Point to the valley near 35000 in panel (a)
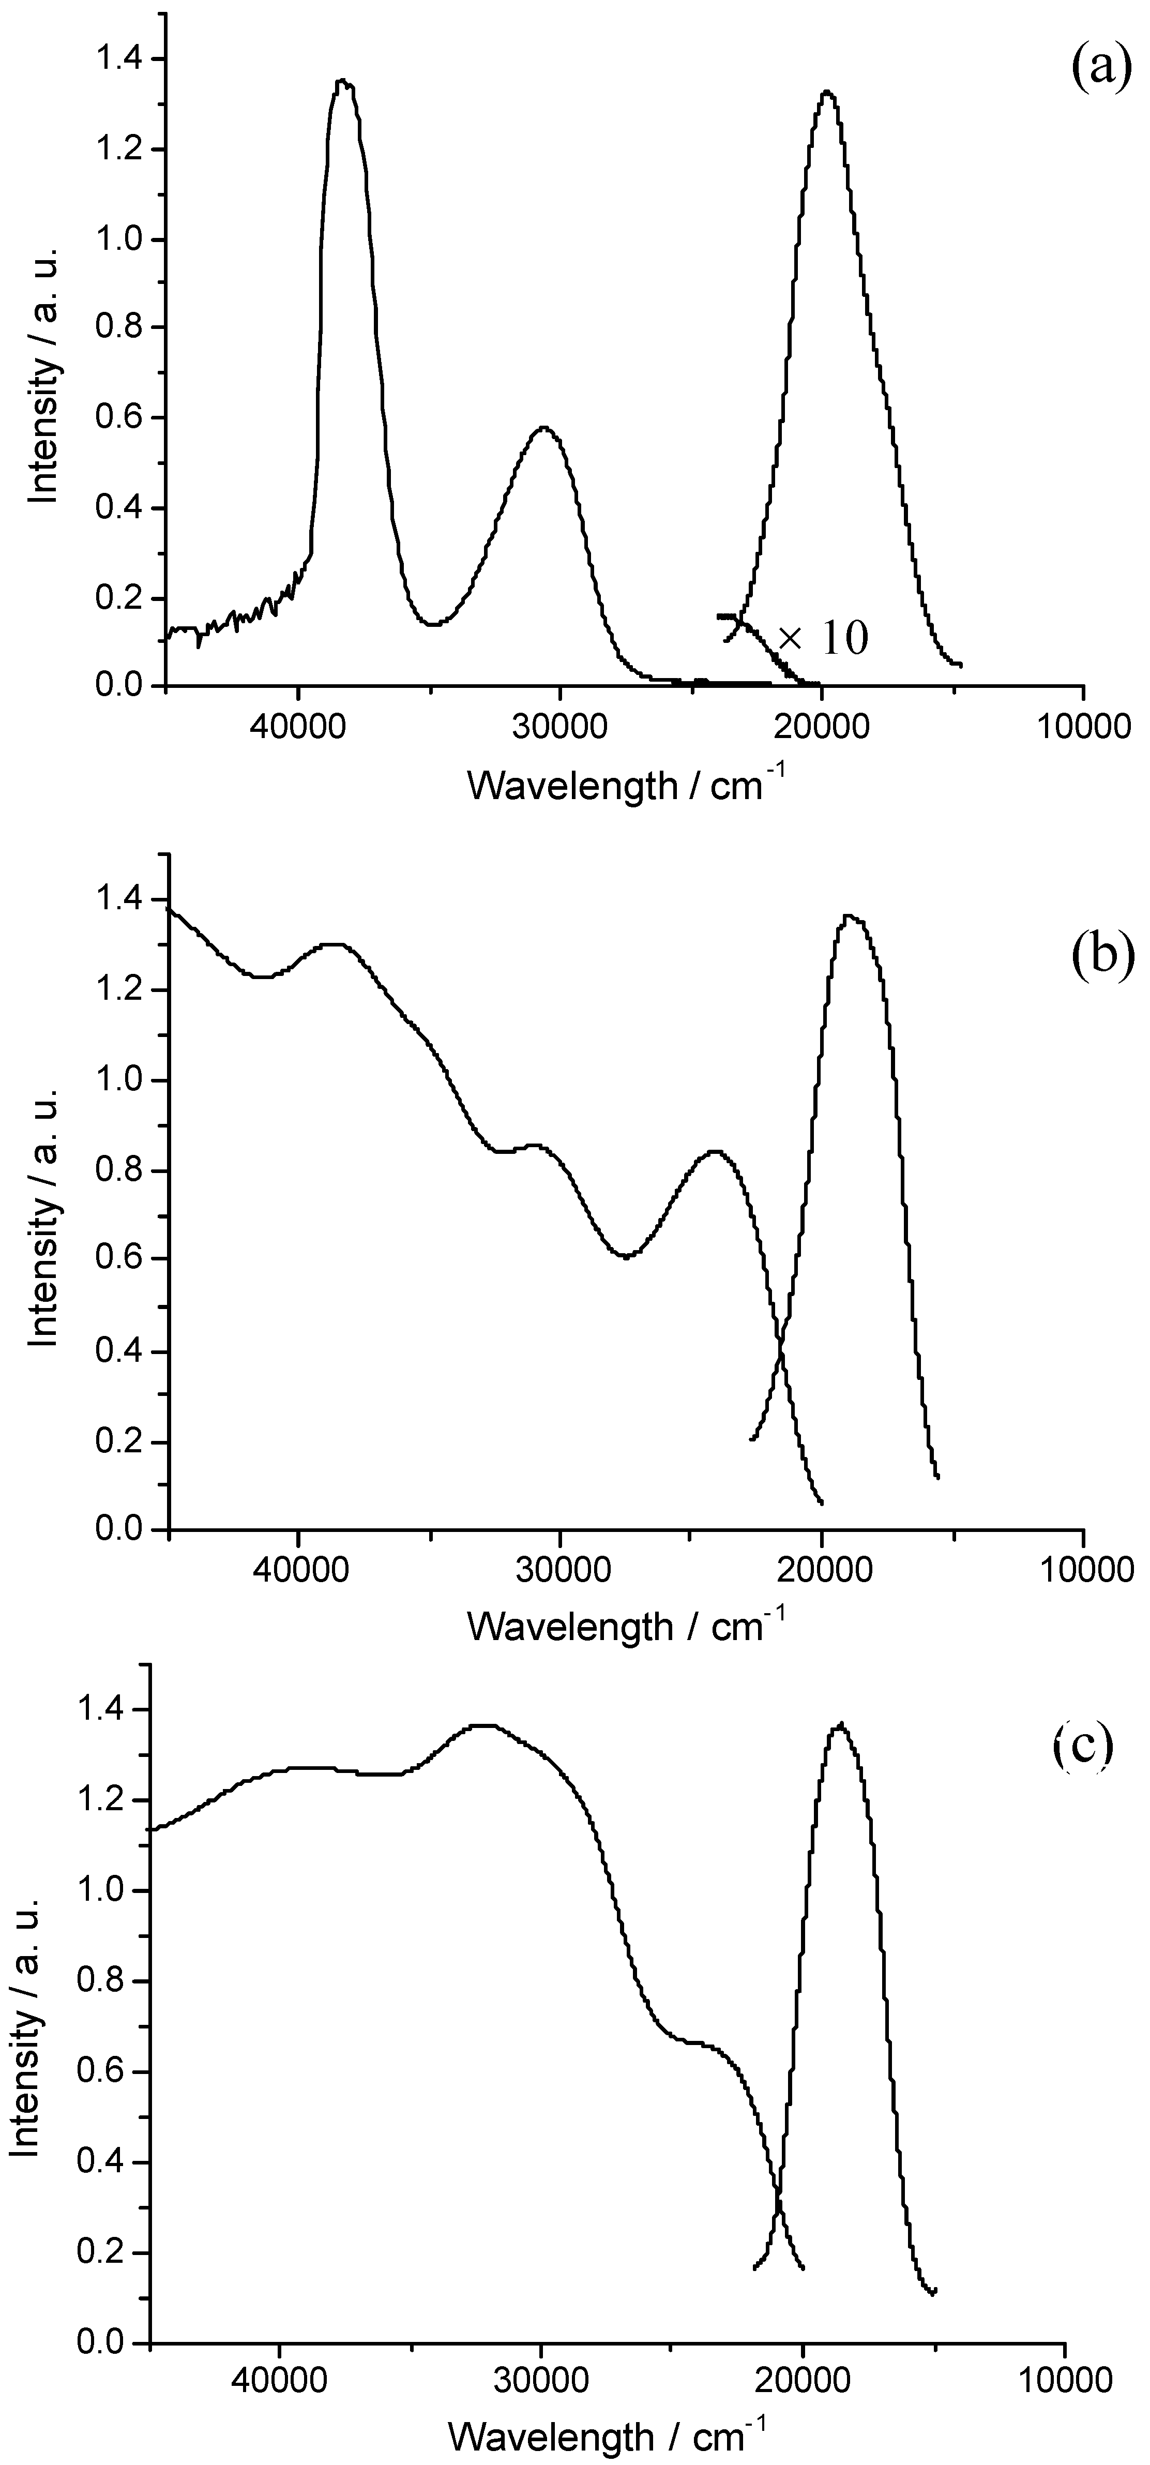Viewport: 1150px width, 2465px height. (432, 624)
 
